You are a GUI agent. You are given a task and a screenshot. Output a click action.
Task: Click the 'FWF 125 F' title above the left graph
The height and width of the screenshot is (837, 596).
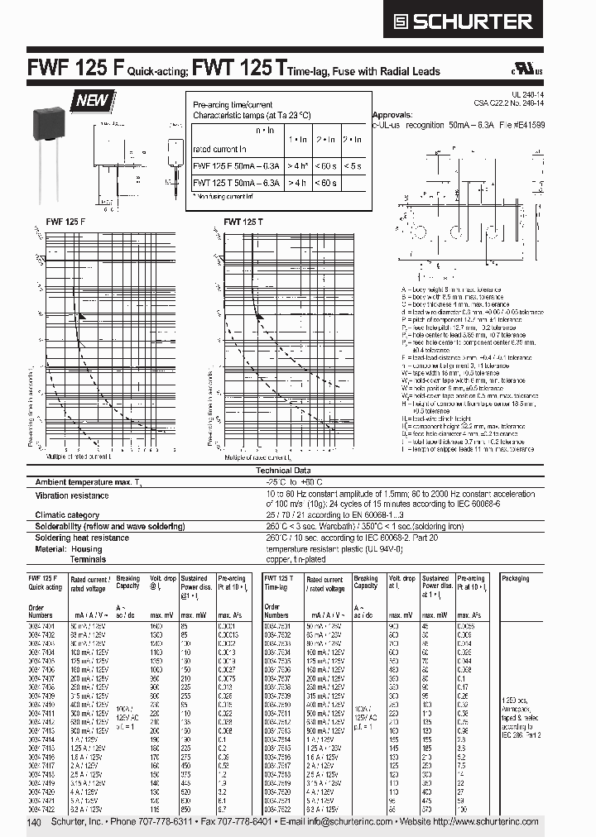click(54, 221)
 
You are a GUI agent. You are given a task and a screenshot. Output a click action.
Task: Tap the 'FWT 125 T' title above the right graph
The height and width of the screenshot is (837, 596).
click(243, 221)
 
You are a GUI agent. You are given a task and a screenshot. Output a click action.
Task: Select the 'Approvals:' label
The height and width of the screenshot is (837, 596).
click(392, 115)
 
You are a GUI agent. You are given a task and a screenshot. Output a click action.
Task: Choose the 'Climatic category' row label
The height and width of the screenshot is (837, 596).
click(69, 514)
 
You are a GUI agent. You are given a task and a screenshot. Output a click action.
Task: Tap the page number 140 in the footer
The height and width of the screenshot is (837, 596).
click(34, 823)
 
